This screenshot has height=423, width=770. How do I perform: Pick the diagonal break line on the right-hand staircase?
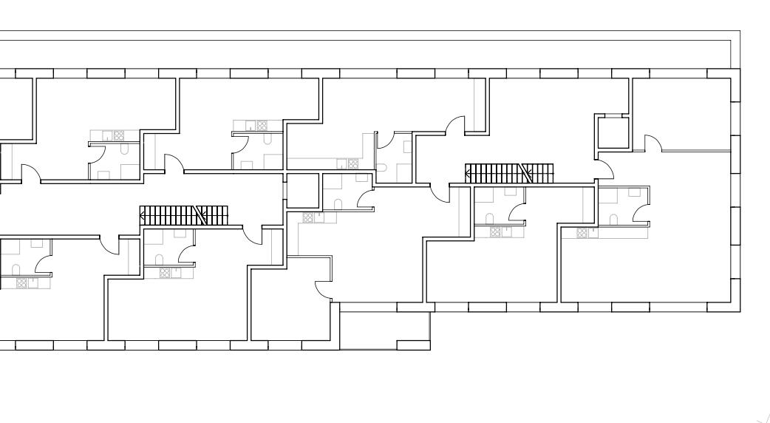pos(526,173)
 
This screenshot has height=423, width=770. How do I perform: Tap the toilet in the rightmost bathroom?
pos(613,219)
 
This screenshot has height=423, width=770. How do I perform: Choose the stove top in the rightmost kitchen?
pos(583,233)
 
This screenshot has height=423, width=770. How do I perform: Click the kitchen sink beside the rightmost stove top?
pos(593,232)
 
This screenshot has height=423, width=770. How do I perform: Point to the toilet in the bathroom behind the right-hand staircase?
pos(488,218)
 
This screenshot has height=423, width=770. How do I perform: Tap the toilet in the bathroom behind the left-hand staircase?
pos(158,259)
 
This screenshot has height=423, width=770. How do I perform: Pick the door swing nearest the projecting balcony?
pos(324,291)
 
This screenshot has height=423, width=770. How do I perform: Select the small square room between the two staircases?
pos(302,191)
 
